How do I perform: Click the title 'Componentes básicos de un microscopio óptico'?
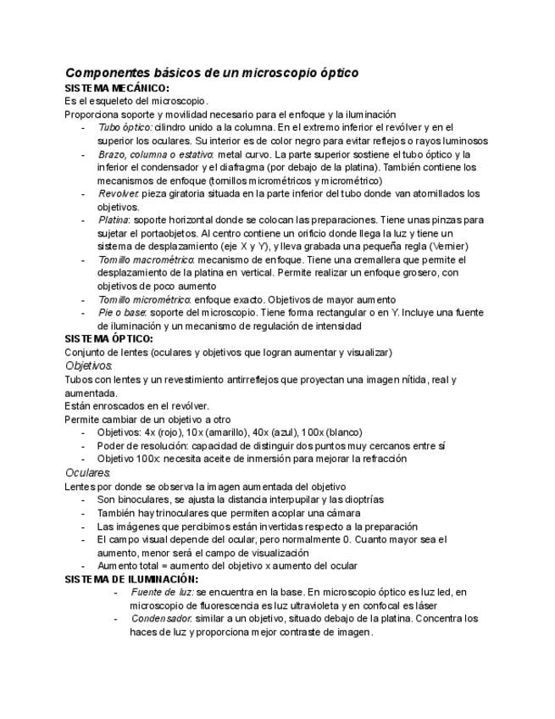pyautogui.click(x=212, y=73)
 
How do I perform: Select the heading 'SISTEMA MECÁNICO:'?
pyautogui.click(x=117, y=88)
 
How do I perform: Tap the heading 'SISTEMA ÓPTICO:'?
pyautogui.click(x=108, y=339)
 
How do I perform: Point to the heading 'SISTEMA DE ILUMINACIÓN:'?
pyautogui.click(x=131, y=578)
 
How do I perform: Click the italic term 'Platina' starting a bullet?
pyautogui.click(x=114, y=220)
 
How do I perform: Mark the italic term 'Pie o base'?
pyautogui.click(x=122, y=313)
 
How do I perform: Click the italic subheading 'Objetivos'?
pyautogui.click(x=88, y=365)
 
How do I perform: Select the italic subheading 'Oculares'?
pyautogui.click(x=87, y=472)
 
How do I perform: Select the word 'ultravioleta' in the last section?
pyautogui.click(x=304, y=605)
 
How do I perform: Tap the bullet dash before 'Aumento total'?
pyautogui.click(x=84, y=566)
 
